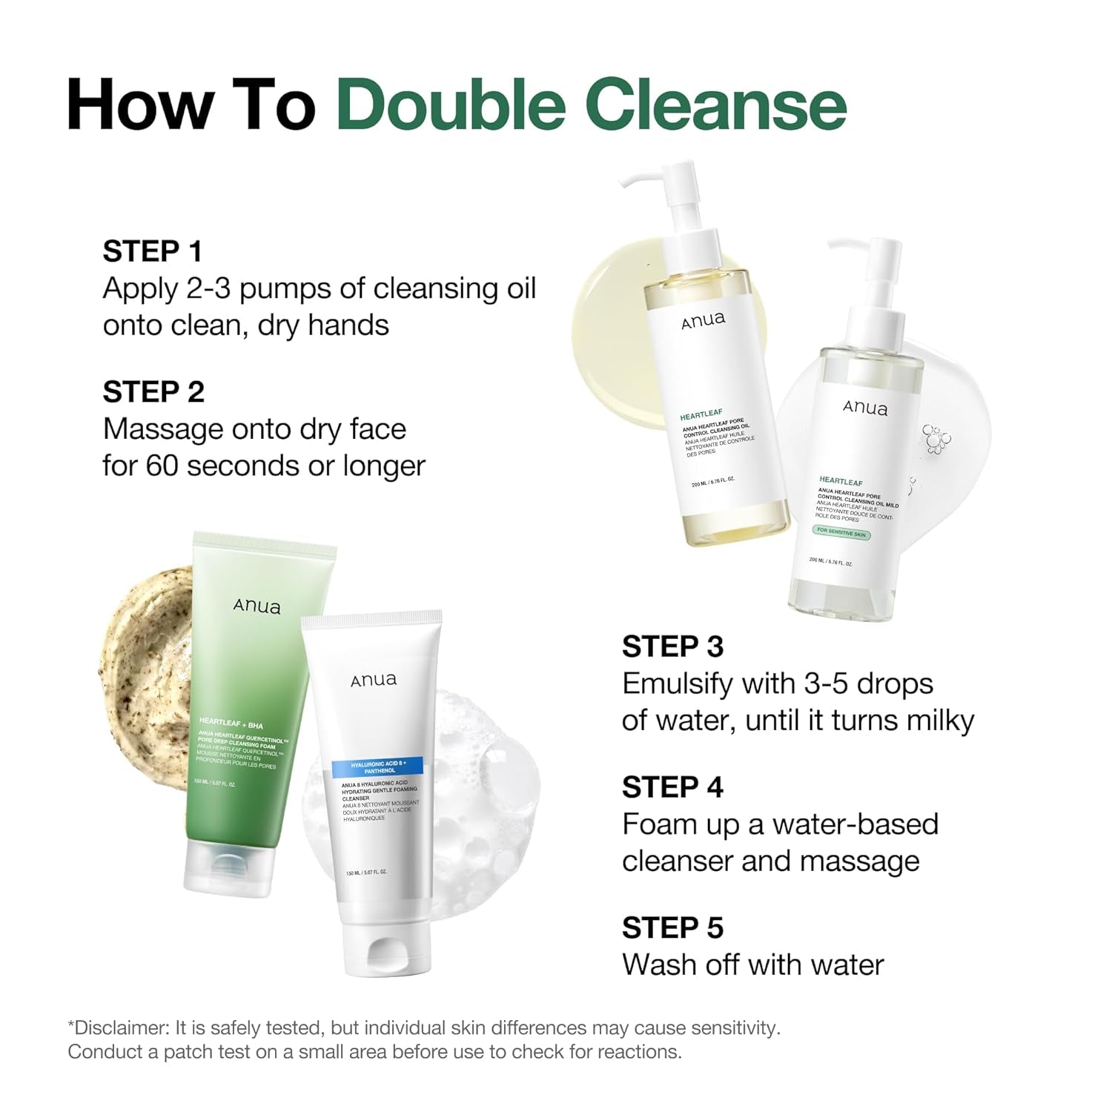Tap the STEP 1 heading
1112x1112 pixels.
tap(152, 251)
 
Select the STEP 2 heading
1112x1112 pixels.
tap(153, 392)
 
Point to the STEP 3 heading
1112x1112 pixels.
tap(672, 646)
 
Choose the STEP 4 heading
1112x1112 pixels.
tap(672, 787)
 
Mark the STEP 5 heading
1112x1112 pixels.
tap(672, 928)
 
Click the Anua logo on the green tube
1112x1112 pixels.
tap(257, 606)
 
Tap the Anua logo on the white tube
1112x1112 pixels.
tap(374, 680)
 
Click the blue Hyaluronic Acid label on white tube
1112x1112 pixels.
tap(377, 767)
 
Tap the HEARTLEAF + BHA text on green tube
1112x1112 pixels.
tap(231, 724)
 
